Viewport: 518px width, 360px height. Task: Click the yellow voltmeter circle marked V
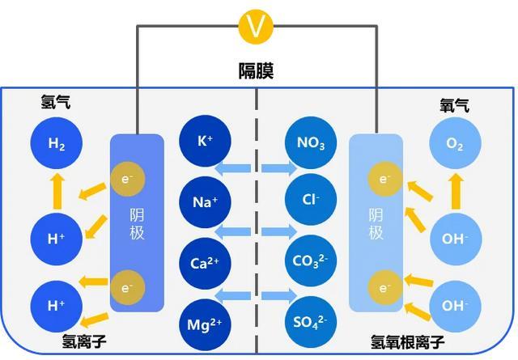(256, 27)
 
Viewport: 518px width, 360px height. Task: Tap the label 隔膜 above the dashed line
(256, 70)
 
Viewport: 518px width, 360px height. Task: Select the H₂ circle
(57, 143)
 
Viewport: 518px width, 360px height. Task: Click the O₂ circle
(455, 143)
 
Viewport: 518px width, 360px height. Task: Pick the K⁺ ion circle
(205, 141)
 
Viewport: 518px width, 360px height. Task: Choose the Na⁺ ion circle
(205, 202)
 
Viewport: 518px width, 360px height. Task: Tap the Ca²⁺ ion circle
(205, 263)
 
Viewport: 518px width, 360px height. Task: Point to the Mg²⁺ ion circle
(205, 324)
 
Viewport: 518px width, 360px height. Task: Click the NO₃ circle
(311, 142)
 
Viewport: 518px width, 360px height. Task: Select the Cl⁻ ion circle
(311, 200)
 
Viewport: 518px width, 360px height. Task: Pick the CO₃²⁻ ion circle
(311, 261)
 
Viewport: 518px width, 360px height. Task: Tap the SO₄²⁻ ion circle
(311, 322)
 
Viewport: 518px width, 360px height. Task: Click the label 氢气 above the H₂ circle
(56, 102)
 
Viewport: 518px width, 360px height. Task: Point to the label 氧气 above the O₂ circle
(455, 105)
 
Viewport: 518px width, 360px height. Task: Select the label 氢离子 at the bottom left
(84, 341)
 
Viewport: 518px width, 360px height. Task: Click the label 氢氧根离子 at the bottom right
(407, 342)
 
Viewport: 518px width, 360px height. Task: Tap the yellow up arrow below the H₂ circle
(57, 192)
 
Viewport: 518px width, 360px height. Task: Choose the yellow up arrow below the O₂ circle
(456, 192)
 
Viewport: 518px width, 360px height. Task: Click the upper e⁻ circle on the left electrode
(128, 179)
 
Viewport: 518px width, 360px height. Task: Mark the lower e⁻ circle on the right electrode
(385, 288)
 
